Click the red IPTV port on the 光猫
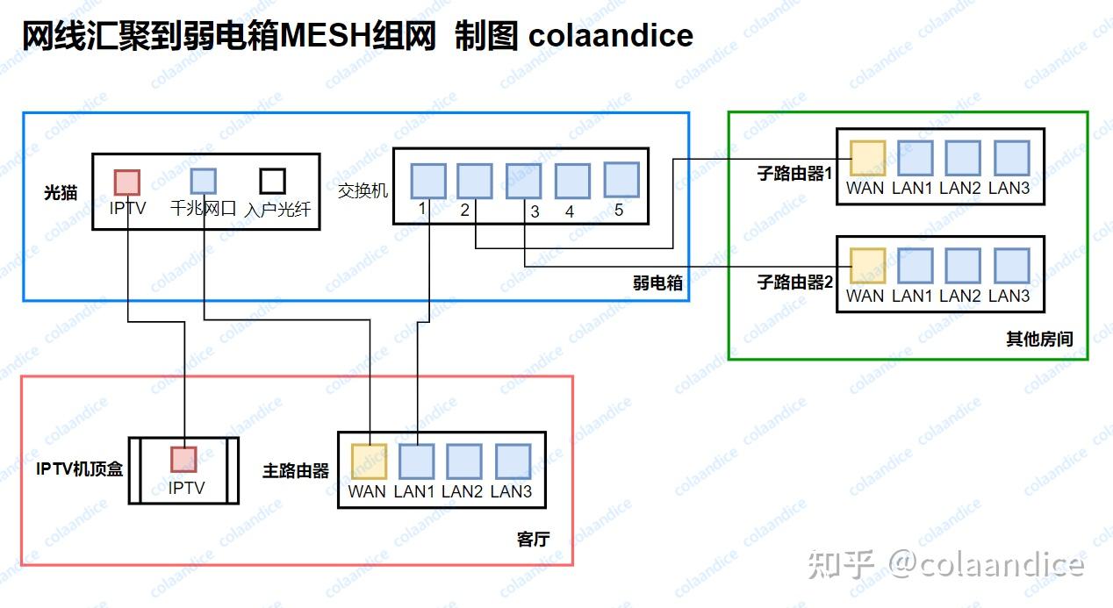127,182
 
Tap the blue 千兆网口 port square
204,181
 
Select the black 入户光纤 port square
272,181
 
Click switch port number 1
428,180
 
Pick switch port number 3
523,180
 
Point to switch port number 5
621,179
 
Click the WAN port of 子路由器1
866,158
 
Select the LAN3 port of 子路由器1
1011,158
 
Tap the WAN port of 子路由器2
866,266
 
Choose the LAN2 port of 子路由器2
962,266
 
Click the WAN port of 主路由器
369,461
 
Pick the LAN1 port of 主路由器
417,461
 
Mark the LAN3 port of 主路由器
513,461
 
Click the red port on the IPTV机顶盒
183,459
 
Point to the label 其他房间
1039,340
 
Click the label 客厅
533,539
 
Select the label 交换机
362,190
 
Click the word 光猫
61,192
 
